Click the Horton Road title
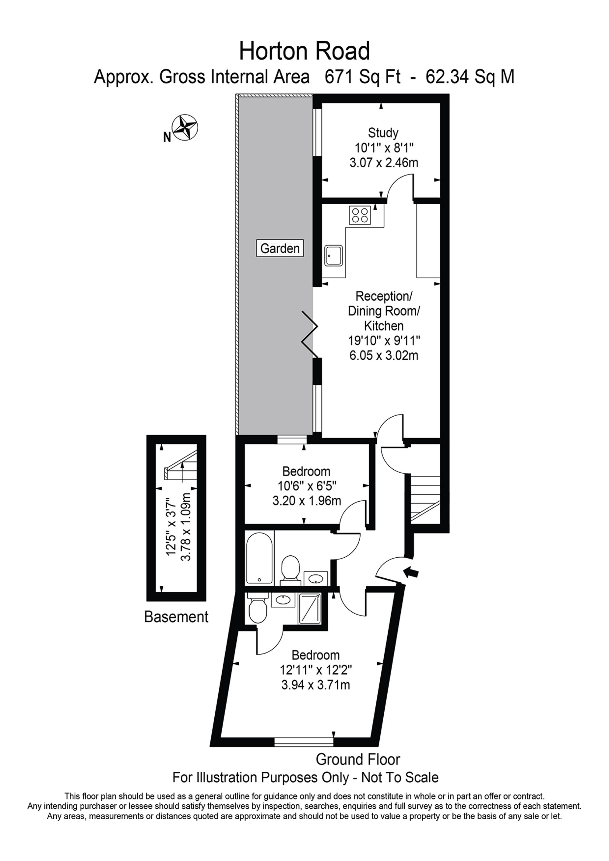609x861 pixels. tap(304, 51)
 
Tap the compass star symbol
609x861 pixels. tap(185, 128)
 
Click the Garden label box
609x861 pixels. tap(280, 248)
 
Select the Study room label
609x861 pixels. tap(383, 133)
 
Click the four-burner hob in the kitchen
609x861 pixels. tap(360, 215)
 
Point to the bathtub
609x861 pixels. tap(259, 558)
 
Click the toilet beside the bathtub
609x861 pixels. tap(290, 570)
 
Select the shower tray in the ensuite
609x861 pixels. tap(310, 608)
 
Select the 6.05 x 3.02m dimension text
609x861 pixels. tap(384, 355)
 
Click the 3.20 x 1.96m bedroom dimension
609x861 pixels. tap(306, 501)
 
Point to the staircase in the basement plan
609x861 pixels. tap(181, 465)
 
